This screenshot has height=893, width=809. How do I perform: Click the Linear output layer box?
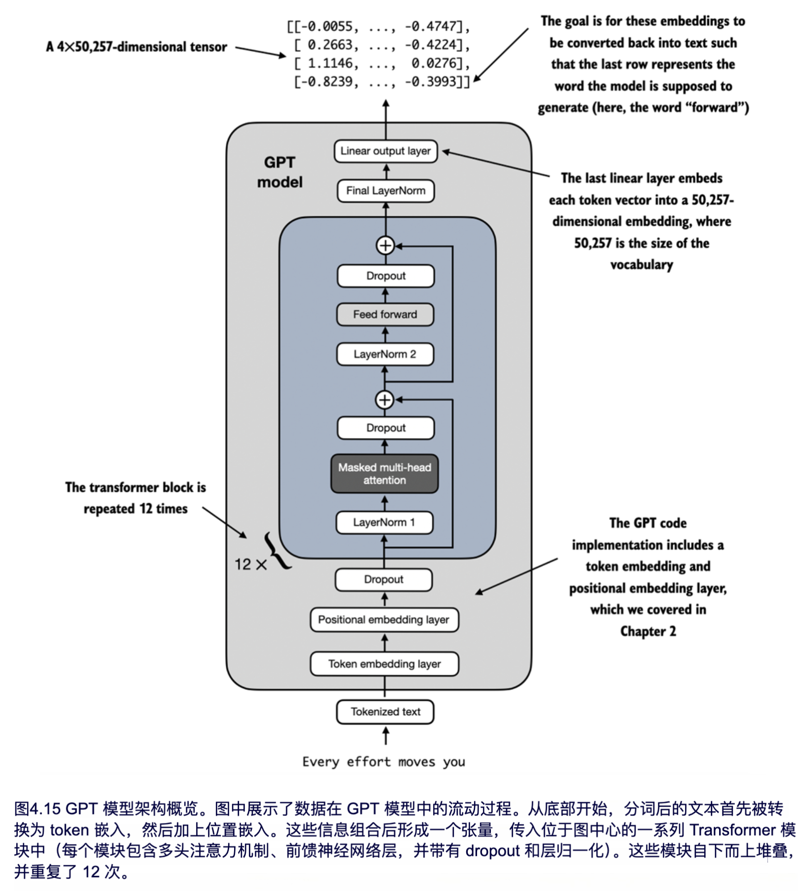pos(385,151)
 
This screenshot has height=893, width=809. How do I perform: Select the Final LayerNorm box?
pos(385,191)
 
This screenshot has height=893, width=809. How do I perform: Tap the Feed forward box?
pos(385,315)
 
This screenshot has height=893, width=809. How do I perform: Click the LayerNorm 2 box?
pos(385,354)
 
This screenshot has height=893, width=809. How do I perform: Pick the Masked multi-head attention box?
pos(384,474)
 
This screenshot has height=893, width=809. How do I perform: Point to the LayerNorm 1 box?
pos(384,523)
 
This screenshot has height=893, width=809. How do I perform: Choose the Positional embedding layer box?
pos(384,620)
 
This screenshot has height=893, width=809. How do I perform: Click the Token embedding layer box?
pos(384,664)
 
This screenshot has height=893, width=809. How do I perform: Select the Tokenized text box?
pos(385,712)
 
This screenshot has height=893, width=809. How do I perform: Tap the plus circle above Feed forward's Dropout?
pos(385,245)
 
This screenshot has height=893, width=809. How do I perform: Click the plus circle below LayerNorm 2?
pos(385,400)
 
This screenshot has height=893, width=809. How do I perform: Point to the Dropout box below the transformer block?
pos(384,579)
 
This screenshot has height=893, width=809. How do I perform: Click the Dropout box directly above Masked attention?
pos(386,428)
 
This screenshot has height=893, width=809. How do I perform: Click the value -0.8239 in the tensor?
pos(326,81)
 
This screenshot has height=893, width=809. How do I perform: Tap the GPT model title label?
pos(280,172)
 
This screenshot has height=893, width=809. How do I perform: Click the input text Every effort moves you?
pos(384,762)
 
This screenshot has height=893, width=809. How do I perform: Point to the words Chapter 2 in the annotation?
pos(648,631)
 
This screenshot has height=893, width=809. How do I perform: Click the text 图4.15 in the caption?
pos(38,809)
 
